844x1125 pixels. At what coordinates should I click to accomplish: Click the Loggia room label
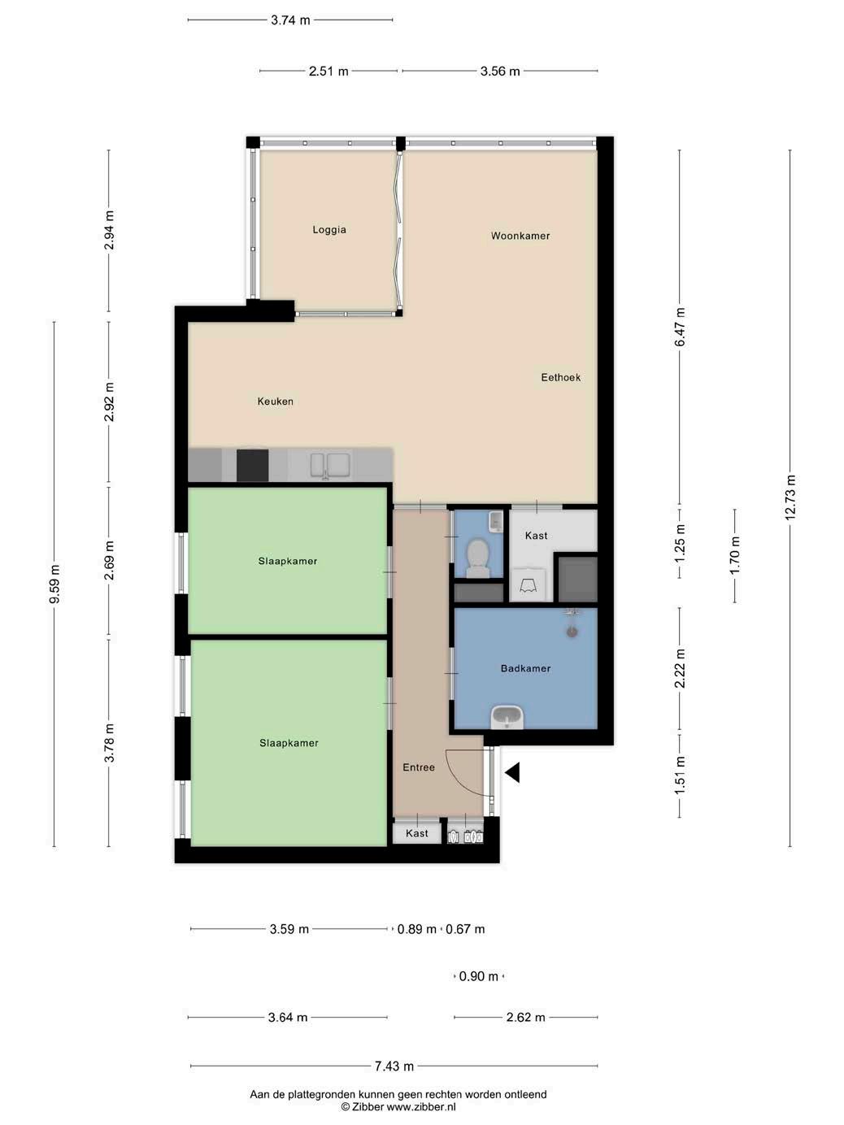329,229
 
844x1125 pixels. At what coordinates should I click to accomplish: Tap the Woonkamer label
520,236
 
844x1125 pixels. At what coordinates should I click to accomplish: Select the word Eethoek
560,377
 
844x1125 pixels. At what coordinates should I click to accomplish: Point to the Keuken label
275,402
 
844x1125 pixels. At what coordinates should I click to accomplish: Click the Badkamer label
525,668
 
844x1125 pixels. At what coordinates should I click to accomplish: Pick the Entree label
419,767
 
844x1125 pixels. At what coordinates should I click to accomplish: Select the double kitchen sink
330,466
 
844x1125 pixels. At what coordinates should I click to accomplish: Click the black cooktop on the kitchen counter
252,466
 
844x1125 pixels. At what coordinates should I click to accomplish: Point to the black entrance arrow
512,772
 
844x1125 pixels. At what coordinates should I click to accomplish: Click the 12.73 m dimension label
790,497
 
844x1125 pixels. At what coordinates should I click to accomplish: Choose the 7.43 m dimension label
394,1066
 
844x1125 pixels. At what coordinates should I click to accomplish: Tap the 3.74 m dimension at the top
290,20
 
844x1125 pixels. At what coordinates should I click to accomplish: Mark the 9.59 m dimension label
54,584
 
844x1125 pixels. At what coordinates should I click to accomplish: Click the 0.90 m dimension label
479,976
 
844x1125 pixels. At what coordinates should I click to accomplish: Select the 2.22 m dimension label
680,668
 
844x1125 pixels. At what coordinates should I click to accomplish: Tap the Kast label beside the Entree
416,833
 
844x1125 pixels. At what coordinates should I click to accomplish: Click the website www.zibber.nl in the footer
420,1106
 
